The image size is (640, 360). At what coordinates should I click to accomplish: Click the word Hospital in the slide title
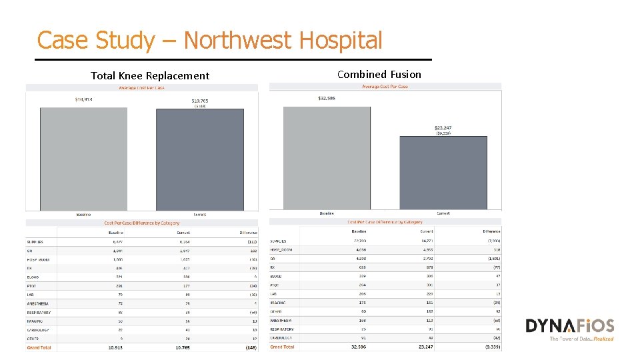click(341, 41)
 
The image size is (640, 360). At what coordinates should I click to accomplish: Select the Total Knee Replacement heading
click(150, 76)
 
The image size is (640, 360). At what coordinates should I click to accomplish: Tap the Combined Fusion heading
click(379, 74)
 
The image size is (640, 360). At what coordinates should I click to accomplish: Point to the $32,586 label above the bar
click(327, 99)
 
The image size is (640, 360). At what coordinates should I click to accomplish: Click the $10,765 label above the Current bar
click(200, 101)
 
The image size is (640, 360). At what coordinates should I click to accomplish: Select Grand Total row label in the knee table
click(39, 347)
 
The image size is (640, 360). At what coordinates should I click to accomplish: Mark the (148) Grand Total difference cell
click(250, 347)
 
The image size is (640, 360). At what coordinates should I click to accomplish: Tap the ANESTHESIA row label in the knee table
click(38, 303)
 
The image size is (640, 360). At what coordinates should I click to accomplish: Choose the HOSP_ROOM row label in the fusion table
click(281, 250)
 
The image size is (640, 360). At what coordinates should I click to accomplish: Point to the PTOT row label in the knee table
click(32, 285)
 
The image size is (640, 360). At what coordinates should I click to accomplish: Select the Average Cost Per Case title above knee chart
click(141, 88)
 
